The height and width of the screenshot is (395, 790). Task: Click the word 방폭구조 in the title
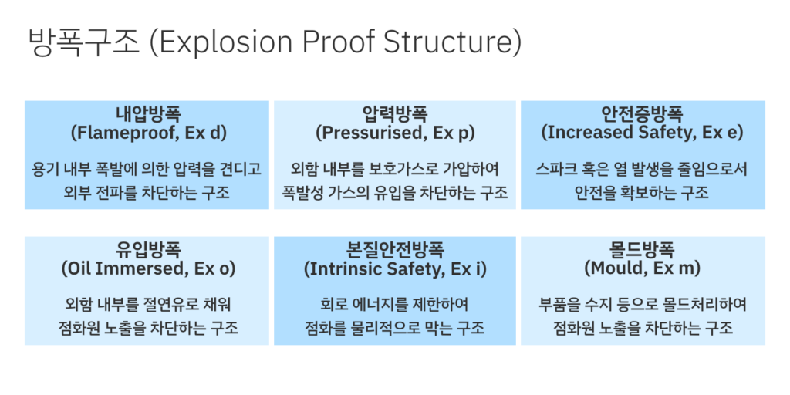click(x=83, y=42)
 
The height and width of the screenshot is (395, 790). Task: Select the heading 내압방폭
click(x=148, y=114)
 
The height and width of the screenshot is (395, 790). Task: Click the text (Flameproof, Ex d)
click(x=148, y=133)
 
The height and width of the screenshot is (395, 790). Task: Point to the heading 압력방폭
click(x=395, y=114)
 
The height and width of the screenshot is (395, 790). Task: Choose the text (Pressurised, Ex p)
click(x=395, y=133)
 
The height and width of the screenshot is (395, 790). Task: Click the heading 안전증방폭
click(x=643, y=114)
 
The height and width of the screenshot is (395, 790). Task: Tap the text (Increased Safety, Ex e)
click(x=643, y=133)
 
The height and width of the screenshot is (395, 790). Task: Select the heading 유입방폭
click(x=148, y=251)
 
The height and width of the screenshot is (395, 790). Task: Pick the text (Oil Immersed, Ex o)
click(x=148, y=268)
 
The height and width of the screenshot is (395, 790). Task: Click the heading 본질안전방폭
click(x=395, y=251)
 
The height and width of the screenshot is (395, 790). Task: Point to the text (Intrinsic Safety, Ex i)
click(x=395, y=268)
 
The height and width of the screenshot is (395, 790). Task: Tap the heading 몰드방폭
click(x=643, y=251)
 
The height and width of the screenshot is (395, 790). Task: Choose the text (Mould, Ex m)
click(x=643, y=268)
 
